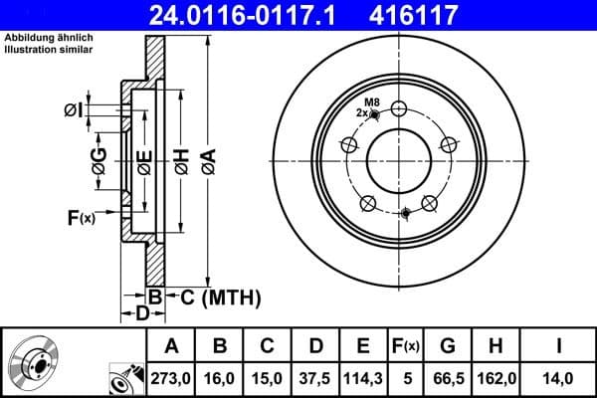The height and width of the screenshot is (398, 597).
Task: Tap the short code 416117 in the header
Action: (441, 15)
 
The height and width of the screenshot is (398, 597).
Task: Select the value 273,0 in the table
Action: (171, 378)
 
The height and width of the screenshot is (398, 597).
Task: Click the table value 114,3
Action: (363, 378)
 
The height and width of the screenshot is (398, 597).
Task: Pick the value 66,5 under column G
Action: (448, 378)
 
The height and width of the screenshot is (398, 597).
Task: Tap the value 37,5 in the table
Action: (315, 378)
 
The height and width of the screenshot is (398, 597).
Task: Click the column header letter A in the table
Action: (171, 346)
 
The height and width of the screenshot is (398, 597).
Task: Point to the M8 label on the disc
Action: (371, 102)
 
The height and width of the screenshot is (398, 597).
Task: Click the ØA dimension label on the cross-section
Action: (207, 159)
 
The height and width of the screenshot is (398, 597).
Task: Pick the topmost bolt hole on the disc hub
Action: (399, 109)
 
